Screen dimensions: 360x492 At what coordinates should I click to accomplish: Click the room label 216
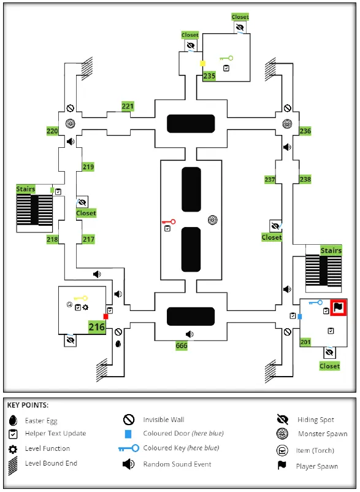pos(96,327)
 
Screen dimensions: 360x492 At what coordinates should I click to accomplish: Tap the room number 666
pos(182,345)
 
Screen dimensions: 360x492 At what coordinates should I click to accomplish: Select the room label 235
pos(209,75)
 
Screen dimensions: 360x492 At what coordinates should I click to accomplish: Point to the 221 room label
pos(128,106)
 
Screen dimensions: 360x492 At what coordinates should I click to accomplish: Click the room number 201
pos(305,342)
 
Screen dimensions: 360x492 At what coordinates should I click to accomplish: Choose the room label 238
pos(305,179)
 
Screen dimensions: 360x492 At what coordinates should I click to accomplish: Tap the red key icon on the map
pos(169,222)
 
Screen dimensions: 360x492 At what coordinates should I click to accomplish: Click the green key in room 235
pos(226,58)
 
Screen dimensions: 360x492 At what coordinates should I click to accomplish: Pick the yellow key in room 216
pos(80,298)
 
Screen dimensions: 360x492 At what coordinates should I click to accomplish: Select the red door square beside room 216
pos(105,317)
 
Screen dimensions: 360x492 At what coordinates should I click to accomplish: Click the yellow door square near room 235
pos(202,63)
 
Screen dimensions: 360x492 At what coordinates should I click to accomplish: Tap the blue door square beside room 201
pos(300,317)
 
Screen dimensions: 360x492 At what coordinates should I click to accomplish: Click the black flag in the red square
pos(338,307)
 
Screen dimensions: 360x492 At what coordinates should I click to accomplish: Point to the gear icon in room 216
pos(85,307)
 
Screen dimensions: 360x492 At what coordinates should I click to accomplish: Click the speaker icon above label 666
pos(190,334)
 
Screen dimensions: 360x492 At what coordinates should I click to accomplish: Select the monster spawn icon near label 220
pos(71,123)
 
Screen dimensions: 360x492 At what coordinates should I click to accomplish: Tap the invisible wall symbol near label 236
pos(287,108)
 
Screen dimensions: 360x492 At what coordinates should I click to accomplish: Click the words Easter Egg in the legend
pos(41,421)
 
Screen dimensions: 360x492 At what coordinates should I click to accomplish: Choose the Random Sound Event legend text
pos(177,464)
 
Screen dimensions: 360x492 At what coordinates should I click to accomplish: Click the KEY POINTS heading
pos(28,405)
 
